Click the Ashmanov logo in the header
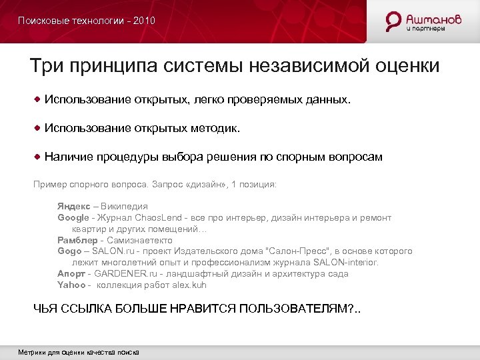[424, 21]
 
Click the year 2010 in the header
[144, 21]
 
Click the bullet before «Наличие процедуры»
[39, 157]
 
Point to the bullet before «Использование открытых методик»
[39, 127]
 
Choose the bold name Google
[73, 218]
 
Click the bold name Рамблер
[76, 240]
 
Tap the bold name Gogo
[69, 251]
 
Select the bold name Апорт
[71, 274]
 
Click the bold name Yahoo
[71, 285]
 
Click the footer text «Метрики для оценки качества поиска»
[78, 352]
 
